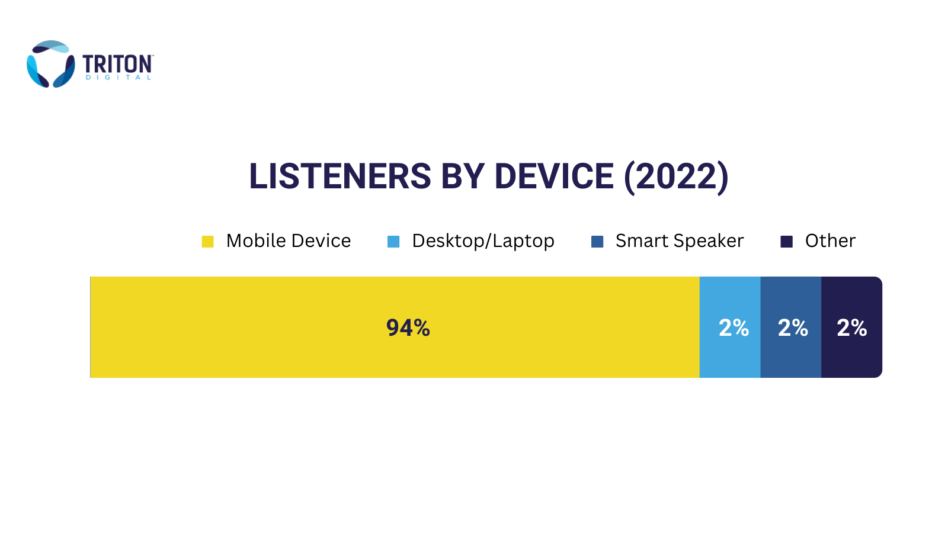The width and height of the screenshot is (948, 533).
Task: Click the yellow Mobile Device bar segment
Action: tap(395, 327)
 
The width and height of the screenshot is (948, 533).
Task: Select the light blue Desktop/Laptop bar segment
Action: tap(730, 327)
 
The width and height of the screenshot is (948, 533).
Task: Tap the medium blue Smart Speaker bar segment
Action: tap(791, 327)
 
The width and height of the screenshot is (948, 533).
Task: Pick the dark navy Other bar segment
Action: tap(852, 327)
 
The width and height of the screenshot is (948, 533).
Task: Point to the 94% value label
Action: tap(408, 328)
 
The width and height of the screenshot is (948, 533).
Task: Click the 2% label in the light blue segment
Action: tap(734, 328)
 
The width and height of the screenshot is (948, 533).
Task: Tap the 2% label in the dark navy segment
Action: tap(852, 328)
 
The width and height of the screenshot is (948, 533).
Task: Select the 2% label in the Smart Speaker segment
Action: tap(793, 328)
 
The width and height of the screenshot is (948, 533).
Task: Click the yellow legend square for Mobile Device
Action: tap(207, 242)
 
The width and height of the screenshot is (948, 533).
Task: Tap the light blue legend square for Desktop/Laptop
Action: tap(393, 242)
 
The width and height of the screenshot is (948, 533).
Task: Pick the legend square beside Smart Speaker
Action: tap(597, 242)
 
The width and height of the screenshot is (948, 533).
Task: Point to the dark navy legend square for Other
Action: tap(786, 242)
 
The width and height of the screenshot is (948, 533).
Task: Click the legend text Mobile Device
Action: tap(289, 240)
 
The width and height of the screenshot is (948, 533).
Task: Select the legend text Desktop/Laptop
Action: tap(483, 241)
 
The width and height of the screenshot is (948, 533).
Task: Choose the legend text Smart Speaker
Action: tap(680, 241)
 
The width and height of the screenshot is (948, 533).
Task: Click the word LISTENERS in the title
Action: tap(340, 176)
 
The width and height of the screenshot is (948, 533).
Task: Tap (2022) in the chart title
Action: tap(676, 177)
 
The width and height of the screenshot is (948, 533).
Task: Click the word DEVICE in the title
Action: tap(554, 176)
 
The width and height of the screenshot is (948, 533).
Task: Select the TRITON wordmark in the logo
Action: tap(117, 65)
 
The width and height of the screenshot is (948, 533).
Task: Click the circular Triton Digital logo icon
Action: tap(51, 64)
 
